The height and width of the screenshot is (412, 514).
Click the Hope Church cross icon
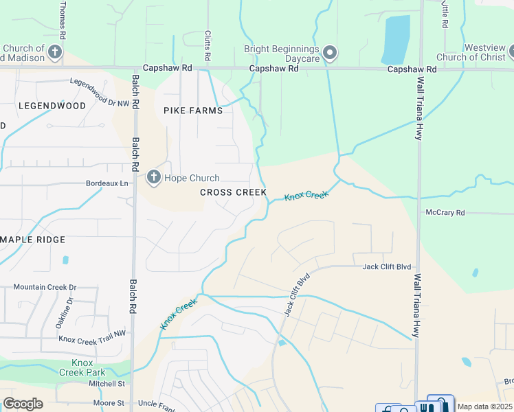point(154,179)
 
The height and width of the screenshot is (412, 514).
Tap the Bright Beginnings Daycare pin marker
point(330,53)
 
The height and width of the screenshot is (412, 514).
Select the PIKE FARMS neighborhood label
point(192,111)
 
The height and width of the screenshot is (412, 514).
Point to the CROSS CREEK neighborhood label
point(234,192)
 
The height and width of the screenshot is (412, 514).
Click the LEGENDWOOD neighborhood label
point(52,106)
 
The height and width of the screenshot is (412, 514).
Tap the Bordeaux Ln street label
point(107,184)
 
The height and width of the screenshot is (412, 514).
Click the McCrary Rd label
point(445,213)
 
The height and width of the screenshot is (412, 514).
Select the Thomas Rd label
point(63,19)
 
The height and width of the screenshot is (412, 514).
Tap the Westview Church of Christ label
point(473,52)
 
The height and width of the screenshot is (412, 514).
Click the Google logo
point(23,404)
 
